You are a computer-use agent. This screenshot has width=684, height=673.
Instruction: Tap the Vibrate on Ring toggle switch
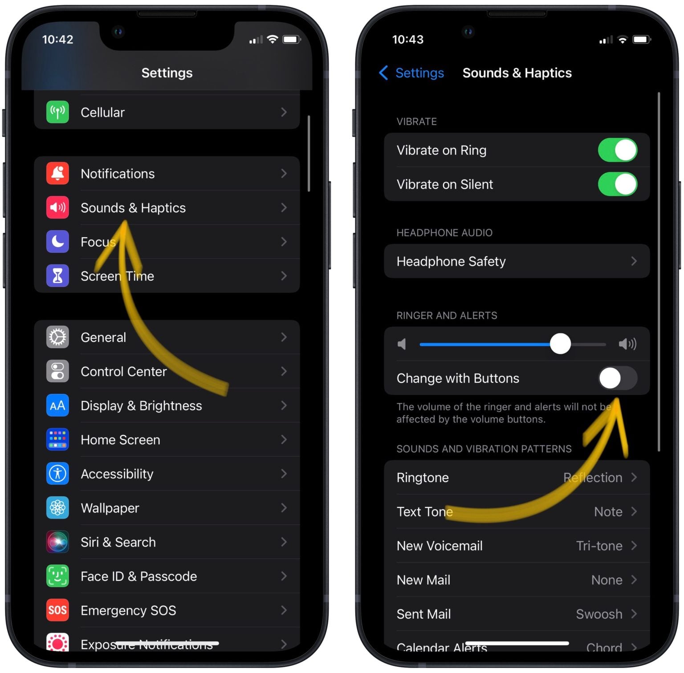click(617, 150)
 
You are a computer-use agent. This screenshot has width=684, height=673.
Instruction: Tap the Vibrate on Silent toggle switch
click(617, 184)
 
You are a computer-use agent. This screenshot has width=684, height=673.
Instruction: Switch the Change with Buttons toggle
click(617, 378)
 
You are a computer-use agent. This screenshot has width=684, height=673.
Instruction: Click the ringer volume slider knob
click(560, 344)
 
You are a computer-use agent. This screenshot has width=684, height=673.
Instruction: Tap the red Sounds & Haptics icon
click(57, 207)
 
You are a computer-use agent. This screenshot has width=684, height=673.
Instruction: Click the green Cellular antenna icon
click(57, 112)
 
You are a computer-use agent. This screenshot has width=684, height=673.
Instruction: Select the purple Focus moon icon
click(57, 242)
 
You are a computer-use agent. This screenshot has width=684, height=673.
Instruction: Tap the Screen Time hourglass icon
click(57, 276)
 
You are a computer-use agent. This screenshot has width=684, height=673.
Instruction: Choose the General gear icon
click(57, 337)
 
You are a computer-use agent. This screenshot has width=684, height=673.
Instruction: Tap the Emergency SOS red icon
click(57, 610)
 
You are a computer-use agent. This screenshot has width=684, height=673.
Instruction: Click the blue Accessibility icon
click(57, 474)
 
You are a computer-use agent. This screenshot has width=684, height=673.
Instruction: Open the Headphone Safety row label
click(451, 261)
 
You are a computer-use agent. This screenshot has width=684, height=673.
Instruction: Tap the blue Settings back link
click(411, 73)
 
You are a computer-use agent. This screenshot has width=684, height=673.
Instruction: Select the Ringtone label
click(423, 478)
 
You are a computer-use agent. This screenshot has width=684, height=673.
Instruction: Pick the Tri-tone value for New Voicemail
click(599, 546)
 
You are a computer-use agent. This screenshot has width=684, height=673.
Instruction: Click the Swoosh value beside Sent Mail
click(599, 614)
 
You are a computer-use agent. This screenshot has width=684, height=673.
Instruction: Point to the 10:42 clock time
click(57, 39)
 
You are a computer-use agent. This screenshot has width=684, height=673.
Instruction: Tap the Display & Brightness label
click(141, 405)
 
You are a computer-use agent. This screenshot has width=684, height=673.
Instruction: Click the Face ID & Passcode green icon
click(57, 576)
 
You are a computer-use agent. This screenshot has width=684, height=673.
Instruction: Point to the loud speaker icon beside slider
click(627, 344)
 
